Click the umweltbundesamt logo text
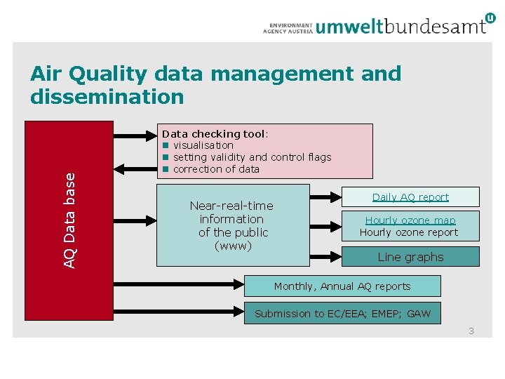tap(400, 26)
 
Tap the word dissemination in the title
tap(107, 96)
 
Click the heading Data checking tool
tap(213, 134)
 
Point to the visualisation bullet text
tap(203, 145)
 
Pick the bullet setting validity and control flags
tap(252, 157)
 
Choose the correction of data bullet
tap(216, 169)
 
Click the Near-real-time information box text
tap(232, 225)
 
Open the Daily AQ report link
tap(410, 197)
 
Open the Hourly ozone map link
tap(410, 220)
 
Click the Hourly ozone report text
tap(409, 232)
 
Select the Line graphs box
tap(410, 257)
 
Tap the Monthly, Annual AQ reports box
tap(342, 286)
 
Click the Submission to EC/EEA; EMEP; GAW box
tap(342, 314)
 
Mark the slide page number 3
tap(471, 331)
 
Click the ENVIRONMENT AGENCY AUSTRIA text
tap(288, 27)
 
